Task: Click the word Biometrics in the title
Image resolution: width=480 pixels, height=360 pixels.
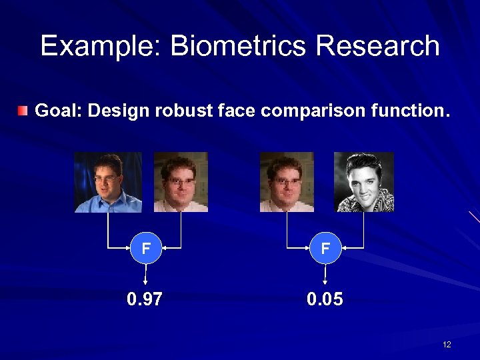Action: (239, 46)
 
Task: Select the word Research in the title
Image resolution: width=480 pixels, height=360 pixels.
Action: (378, 46)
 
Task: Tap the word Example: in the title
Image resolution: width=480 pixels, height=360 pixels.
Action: (101, 46)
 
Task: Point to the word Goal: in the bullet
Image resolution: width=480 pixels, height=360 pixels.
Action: (58, 111)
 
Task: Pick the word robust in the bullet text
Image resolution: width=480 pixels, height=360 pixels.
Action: (183, 111)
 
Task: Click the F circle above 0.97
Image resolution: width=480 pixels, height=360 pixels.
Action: (145, 249)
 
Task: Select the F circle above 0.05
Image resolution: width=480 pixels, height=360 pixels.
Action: (325, 249)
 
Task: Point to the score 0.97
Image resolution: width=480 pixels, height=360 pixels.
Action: (145, 299)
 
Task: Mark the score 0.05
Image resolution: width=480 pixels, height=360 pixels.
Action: (325, 299)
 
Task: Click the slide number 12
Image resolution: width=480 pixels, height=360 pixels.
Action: (447, 344)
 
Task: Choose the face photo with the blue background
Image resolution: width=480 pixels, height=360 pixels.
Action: (108, 182)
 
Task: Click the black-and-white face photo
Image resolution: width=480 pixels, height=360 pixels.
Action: (363, 182)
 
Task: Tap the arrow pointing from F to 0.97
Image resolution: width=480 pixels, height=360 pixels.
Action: (145, 275)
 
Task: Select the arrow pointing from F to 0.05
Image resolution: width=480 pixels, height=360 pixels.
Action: (325, 275)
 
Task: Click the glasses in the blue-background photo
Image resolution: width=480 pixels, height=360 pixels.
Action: (107, 178)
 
